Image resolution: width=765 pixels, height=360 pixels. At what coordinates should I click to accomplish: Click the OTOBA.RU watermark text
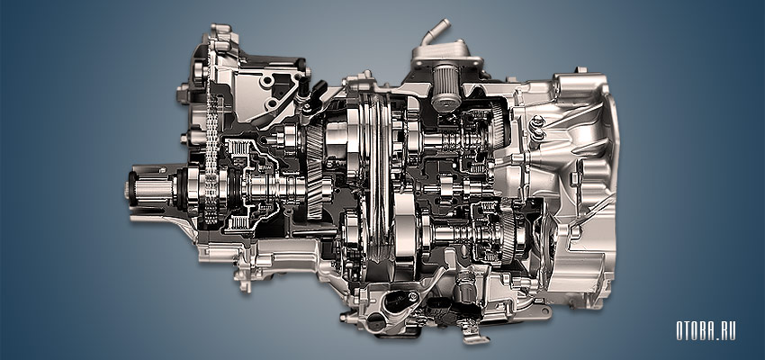[x=706, y=330]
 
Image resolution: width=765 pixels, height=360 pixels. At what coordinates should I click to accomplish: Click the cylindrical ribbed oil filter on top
[x=445, y=87]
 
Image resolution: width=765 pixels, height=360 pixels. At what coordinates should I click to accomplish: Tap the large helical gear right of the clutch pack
[x=315, y=171]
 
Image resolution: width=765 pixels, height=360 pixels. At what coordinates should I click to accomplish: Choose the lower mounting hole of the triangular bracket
[x=270, y=103]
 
